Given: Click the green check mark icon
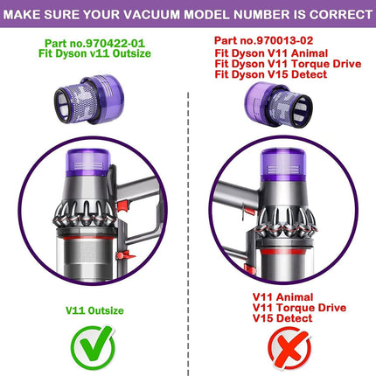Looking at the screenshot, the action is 93,347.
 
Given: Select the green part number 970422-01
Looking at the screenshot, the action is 115,44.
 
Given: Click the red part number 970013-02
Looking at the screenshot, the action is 284,40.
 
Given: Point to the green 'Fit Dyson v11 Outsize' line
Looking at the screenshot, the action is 94,53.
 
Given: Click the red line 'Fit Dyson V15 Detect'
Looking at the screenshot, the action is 271,74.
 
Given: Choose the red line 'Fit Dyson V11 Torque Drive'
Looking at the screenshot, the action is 288,64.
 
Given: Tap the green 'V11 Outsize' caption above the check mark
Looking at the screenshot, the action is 94,310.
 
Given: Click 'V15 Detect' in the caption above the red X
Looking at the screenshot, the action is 282,318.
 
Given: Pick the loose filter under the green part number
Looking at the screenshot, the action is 89,99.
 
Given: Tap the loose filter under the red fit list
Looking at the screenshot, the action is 278,105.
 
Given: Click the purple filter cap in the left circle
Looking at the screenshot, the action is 88,163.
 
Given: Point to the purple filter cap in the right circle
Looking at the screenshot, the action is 283,164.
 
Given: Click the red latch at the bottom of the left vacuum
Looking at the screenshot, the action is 125,255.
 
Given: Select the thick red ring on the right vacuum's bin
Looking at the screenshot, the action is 287,254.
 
